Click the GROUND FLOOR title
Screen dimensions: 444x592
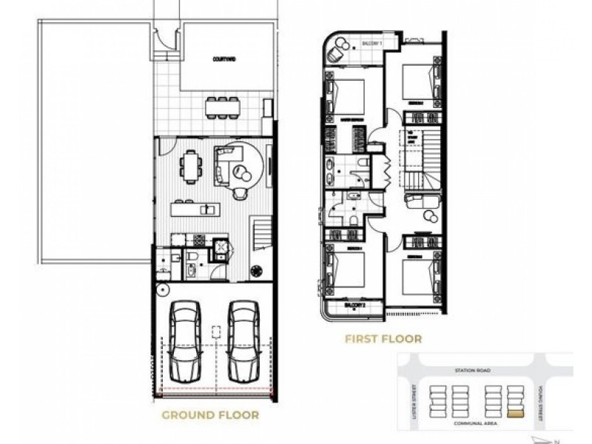point(211,416)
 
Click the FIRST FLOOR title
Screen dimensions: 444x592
point(383,340)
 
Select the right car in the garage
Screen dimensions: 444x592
point(243,340)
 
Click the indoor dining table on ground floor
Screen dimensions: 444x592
point(191,168)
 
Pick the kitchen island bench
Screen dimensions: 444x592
point(203,209)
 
